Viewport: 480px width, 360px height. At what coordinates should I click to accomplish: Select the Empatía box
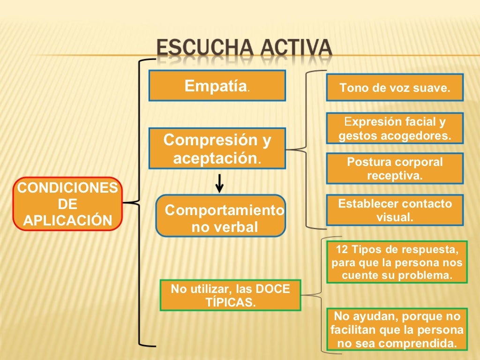click(x=217, y=86)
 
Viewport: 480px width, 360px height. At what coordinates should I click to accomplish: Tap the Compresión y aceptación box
click(x=217, y=149)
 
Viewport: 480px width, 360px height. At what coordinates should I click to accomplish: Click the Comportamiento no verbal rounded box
click(x=221, y=216)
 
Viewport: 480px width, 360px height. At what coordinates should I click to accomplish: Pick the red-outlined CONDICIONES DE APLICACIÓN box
click(x=67, y=204)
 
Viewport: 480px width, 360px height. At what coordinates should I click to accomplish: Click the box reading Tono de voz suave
click(x=395, y=88)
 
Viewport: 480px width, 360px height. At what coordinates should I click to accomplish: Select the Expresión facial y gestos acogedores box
click(x=395, y=128)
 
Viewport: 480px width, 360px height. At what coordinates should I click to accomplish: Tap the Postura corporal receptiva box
click(x=395, y=169)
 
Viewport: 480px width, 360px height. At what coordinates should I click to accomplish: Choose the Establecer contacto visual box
click(x=395, y=210)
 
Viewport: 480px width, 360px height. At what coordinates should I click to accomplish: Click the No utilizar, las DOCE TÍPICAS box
click(x=230, y=295)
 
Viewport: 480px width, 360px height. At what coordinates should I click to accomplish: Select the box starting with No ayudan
click(x=397, y=330)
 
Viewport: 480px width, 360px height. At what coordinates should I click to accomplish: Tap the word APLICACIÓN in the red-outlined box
click(x=67, y=220)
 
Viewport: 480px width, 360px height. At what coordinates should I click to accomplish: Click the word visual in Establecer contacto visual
click(x=395, y=217)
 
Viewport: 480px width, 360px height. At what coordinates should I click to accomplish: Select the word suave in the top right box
click(x=431, y=88)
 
